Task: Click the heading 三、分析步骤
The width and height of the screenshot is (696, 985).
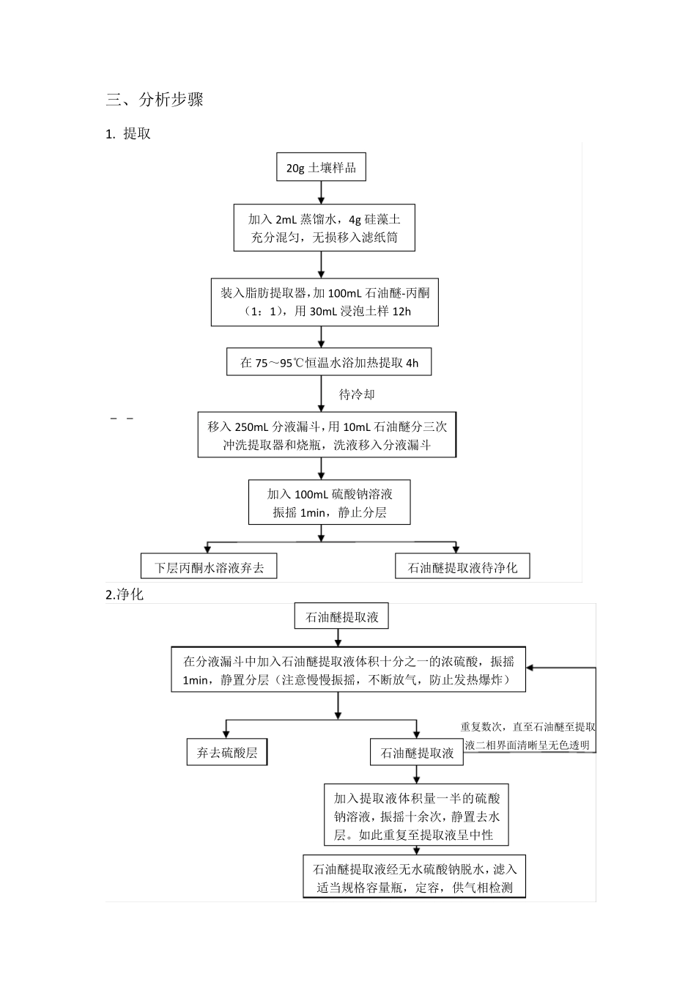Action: click(155, 100)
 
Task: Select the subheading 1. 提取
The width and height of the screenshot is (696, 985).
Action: click(128, 134)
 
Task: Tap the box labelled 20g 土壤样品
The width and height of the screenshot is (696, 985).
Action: click(321, 168)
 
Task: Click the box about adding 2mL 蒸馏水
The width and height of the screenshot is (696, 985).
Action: click(323, 228)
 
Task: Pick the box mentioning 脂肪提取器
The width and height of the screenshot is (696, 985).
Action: click(325, 302)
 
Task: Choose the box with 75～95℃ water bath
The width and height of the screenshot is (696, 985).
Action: click(329, 363)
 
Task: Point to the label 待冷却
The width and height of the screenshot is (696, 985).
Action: click(357, 395)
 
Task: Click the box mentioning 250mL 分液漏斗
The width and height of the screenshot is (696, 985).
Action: click(327, 436)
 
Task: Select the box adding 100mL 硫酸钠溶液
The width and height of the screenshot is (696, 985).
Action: click(329, 503)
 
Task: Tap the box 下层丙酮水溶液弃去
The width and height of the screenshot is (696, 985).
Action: click(209, 567)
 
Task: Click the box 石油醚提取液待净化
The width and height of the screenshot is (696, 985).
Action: click(462, 567)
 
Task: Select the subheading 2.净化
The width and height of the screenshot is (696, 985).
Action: click(125, 594)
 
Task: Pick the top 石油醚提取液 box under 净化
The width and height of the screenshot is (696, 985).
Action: click(341, 617)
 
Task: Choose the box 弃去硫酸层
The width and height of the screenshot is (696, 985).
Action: click(227, 753)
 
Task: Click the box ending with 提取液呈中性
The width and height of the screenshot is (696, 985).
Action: click(416, 816)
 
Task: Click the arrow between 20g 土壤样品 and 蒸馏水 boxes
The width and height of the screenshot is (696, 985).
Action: click(321, 192)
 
